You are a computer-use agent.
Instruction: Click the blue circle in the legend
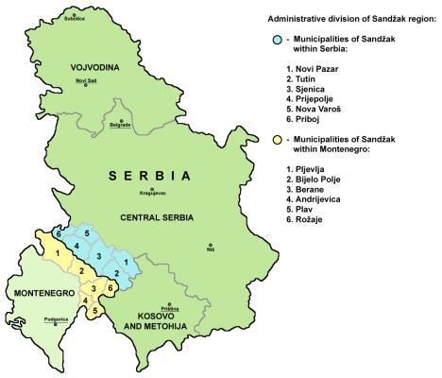point(273,39)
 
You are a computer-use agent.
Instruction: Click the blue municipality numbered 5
point(88,233)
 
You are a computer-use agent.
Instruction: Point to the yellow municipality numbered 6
point(110,286)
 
